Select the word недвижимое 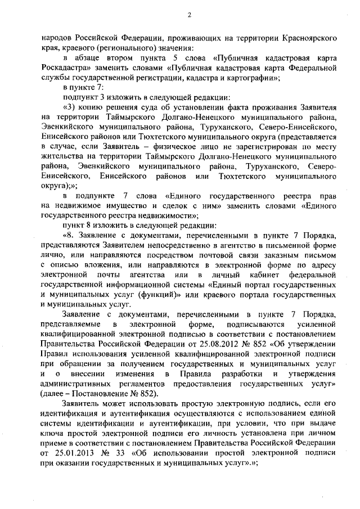click(x=73, y=205)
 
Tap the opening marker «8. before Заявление click(x=68, y=236)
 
